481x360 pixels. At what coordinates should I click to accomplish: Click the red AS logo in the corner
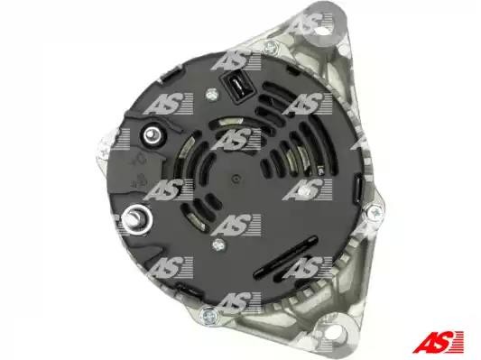438,342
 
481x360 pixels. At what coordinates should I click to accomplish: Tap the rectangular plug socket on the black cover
237,85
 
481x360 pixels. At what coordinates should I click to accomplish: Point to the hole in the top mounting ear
321,31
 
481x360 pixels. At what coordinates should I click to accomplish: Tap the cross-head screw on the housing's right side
375,212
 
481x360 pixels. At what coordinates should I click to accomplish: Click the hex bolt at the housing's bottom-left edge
208,314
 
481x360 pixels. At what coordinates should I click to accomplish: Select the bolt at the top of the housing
271,46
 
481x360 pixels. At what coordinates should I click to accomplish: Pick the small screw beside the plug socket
212,95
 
